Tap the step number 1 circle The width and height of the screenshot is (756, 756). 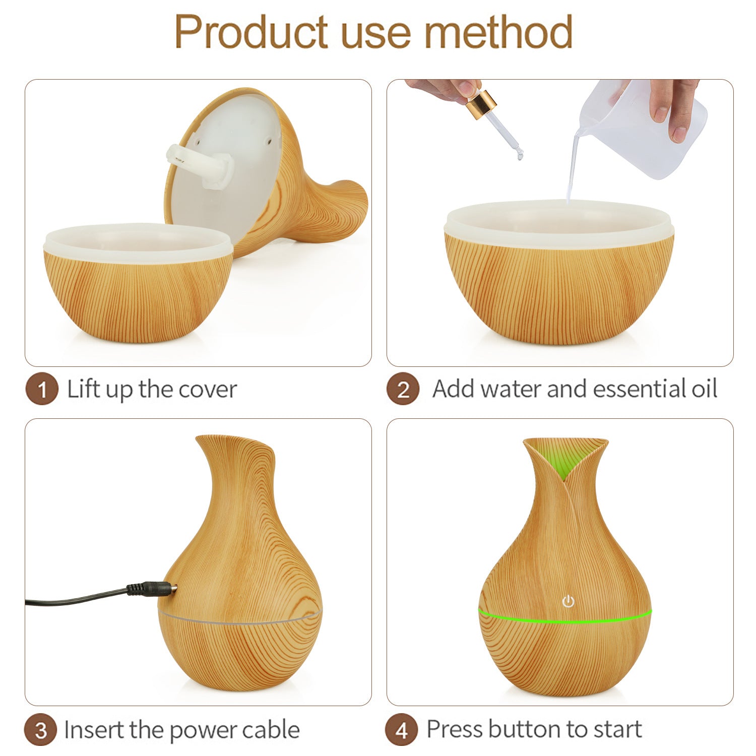tap(42, 389)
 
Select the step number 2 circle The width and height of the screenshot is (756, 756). tap(403, 389)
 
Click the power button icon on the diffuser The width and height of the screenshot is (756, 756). tap(568, 601)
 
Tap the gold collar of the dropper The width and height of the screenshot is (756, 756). tap(481, 104)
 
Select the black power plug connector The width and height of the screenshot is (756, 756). tap(152, 588)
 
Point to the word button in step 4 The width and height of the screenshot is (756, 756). tap(524, 729)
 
